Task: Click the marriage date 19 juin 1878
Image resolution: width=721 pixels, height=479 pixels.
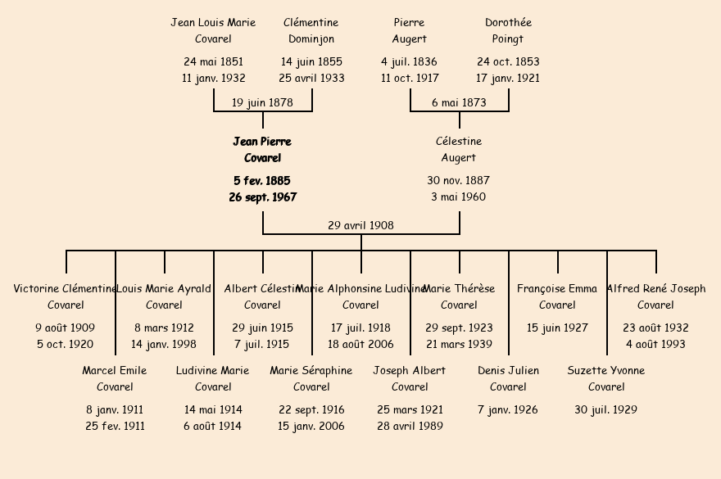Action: (262, 103)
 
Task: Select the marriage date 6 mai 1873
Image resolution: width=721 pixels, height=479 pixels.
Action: (459, 103)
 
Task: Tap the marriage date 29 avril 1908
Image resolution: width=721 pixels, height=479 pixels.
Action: (360, 225)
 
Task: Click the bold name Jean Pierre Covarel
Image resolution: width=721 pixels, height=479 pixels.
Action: (262, 150)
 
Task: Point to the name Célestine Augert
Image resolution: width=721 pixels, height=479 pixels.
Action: (459, 150)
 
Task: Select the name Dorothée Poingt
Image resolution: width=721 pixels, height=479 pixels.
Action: (508, 31)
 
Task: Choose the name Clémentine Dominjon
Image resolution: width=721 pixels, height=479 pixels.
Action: (311, 31)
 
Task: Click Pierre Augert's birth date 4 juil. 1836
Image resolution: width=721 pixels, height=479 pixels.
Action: (409, 61)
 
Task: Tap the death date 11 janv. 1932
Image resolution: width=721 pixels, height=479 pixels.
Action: (213, 79)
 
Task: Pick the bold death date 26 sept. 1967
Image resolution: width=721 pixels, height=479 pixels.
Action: (262, 197)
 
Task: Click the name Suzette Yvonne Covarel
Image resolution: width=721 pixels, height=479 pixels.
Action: (606, 378)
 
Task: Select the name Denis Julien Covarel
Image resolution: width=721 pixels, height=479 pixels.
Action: (508, 378)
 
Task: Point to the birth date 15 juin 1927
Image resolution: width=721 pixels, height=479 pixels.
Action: (557, 328)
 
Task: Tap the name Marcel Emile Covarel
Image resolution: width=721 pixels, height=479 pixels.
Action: (115, 378)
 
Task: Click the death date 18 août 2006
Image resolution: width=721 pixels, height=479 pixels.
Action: (360, 345)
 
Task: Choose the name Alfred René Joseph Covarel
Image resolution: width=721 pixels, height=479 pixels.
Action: (655, 296)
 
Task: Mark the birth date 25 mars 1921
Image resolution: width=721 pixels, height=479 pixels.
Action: (410, 409)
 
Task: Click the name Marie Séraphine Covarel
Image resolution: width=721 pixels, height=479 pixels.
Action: (311, 378)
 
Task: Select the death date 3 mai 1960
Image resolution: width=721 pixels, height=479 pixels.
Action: (459, 197)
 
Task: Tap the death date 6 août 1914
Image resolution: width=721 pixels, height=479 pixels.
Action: (213, 427)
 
